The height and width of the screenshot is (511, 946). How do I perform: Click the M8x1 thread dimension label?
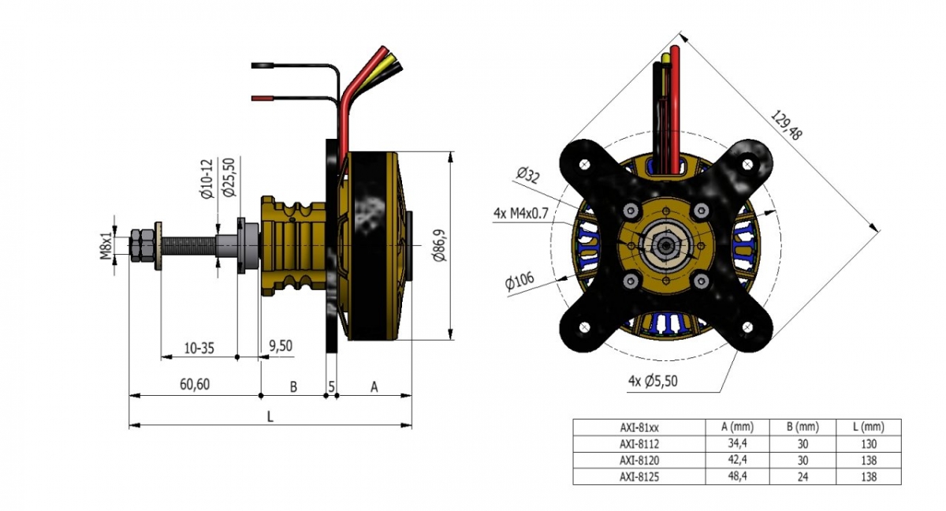(106, 243)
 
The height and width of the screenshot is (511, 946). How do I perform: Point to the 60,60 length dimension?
(194, 384)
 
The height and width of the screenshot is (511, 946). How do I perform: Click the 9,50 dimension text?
(281, 345)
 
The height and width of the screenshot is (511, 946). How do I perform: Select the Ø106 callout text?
(520, 282)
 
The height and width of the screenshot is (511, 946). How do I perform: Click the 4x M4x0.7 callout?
(520, 213)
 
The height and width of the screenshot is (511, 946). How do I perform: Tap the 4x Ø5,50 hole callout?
(653, 381)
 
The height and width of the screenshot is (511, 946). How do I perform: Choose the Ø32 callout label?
(527, 174)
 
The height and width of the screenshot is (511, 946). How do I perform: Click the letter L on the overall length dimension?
(270, 416)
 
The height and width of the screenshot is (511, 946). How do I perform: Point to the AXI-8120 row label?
(638, 460)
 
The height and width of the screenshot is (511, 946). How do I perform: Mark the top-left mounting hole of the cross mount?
(584, 164)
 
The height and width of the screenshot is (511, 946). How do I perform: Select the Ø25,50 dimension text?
(229, 177)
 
